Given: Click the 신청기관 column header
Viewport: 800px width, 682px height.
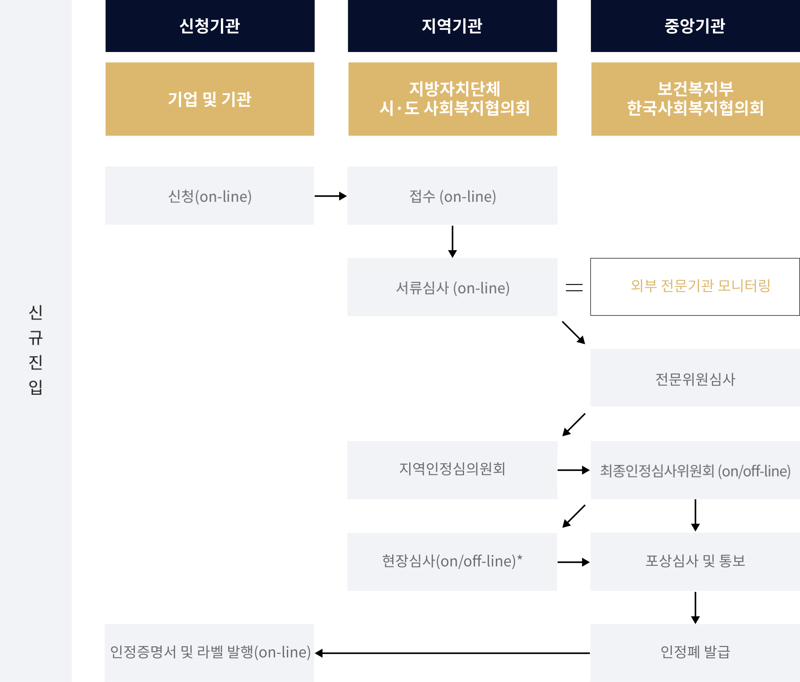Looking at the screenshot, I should click(210, 26).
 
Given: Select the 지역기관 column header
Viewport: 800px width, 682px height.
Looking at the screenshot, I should click(452, 26).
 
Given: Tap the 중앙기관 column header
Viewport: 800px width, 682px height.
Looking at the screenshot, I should click(695, 26).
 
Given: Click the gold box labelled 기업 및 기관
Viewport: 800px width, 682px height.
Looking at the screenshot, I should click(210, 99).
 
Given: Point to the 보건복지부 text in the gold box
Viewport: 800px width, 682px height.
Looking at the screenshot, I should click(695, 89).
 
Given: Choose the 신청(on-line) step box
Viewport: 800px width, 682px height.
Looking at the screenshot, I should click(210, 196).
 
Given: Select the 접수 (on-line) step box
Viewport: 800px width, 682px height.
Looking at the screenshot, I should click(452, 196).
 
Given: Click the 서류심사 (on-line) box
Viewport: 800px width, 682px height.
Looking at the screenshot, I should click(452, 287).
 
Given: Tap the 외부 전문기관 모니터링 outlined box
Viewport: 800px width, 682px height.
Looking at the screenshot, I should click(695, 287).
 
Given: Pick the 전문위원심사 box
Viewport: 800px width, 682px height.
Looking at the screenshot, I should click(695, 378).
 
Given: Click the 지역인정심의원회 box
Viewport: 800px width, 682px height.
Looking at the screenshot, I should click(452, 470).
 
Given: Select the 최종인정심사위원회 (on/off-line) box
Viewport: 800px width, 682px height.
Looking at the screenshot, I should click(695, 470).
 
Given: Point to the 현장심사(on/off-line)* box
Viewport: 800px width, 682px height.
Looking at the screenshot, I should click(452, 562).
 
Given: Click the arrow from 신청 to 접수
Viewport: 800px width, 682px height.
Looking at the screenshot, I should click(330, 196).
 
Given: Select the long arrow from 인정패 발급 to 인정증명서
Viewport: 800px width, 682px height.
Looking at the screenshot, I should click(452, 653).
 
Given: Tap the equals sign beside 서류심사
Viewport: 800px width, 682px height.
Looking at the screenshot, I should click(574, 287).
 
